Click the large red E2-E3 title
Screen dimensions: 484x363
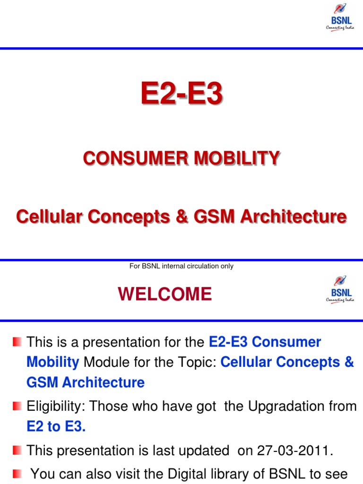coord(181,94)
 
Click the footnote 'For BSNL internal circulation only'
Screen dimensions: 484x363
coord(181,266)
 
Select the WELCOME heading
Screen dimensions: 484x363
coord(165,294)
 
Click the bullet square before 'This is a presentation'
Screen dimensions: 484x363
coord(17,341)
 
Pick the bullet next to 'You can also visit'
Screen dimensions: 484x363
coord(17,473)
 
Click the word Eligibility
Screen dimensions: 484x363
coord(56,406)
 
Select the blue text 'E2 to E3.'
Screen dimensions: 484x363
coord(56,426)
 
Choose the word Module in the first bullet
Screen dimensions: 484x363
coord(105,362)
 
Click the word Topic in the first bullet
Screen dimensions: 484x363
coord(197,362)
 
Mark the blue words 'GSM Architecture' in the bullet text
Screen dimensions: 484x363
coord(86,382)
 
